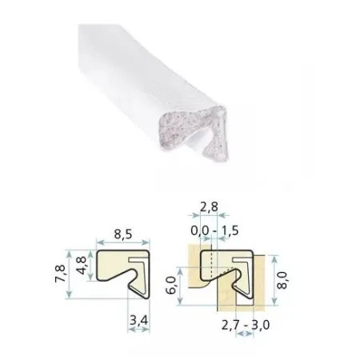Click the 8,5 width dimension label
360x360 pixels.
123,234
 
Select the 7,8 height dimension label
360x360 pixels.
60,274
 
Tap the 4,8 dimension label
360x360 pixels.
82,266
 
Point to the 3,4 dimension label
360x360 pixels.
138,320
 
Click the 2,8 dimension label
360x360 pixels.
209,206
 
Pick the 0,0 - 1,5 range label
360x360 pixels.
214,230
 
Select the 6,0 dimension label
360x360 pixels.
171,285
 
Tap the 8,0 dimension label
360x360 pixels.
282,280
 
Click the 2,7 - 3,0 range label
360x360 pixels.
246,325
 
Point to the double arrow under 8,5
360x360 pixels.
123,242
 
